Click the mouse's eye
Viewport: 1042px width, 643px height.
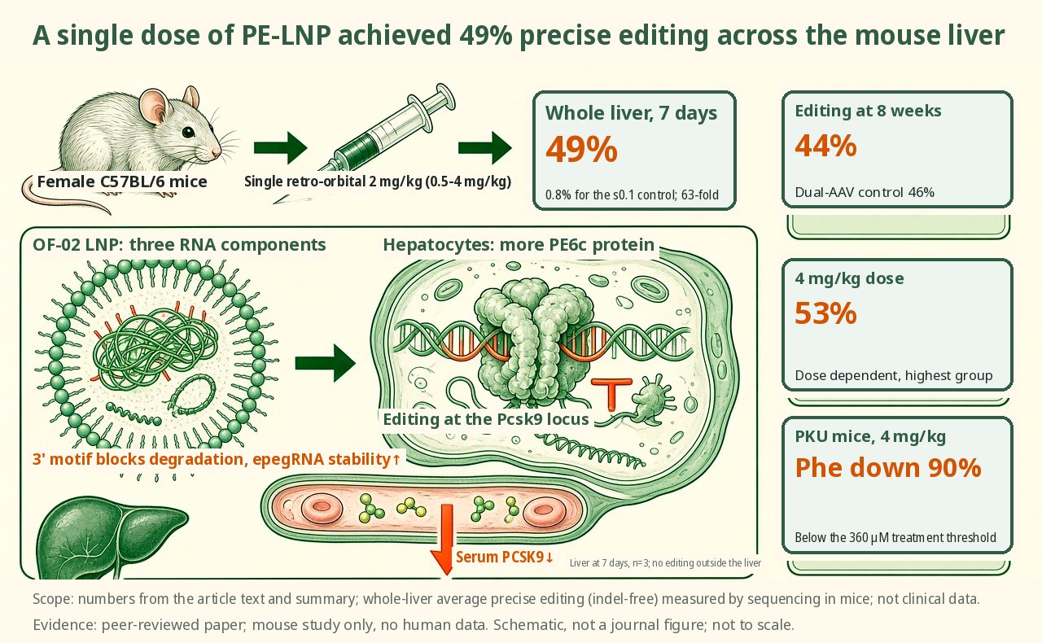[x=188, y=132]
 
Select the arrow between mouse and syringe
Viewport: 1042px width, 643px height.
[x=281, y=148]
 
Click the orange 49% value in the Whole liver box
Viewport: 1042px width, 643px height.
[x=581, y=149]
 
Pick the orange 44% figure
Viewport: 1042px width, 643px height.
[x=825, y=146]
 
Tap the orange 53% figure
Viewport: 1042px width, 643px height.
[x=825, y=313]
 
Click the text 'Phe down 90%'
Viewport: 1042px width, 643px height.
[x=888, y=467]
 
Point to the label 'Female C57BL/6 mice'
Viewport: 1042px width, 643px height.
[x=122, y=182]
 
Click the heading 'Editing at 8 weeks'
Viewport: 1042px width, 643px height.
[x=868, y=111]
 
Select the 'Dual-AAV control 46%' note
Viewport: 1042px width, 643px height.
[x=865, y=192]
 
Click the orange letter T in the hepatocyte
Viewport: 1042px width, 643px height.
[x=611, y=394]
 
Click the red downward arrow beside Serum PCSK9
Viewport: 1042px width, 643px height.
[x=445, y=539]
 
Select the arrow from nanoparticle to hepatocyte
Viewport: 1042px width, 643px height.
[x=325, y=363]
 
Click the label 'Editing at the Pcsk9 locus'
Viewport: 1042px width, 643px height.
[x=486, y=419]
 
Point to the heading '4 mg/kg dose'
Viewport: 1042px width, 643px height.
[x=849, y=278]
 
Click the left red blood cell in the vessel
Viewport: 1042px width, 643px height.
[x=322, y=509]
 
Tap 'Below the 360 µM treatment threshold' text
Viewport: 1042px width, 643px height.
[x=895, y=537]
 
